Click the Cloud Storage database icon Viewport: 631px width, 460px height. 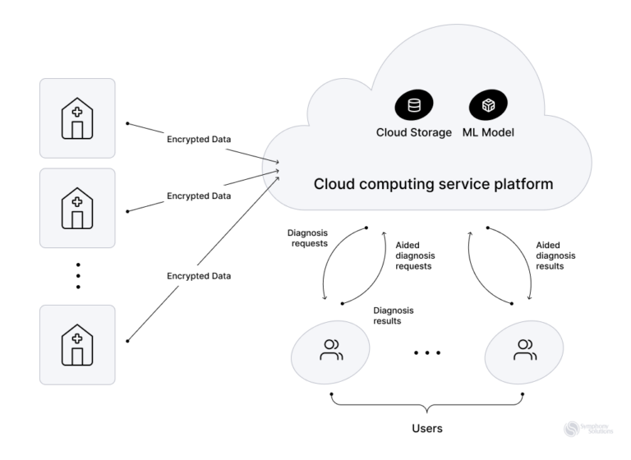click(x=414, y=105)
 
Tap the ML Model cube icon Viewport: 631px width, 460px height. click(x=488, y=105)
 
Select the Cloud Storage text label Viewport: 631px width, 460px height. click(x=414, y=132)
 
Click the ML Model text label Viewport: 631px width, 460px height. click(x=488, y=132)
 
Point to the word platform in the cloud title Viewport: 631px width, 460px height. click(x=523, y=184)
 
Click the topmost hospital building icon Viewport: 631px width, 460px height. click(x=77, y=118)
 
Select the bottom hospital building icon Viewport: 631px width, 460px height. click(x=77, y=345)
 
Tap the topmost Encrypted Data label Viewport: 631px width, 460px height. click(x=199, y=140)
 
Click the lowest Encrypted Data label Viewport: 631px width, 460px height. click(x=199, y=276)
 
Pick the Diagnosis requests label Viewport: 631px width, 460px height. click(x=308, y=238)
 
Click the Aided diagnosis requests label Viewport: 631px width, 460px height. click(x=415, y=255)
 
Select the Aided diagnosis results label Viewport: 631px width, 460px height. click(x=555, y=255)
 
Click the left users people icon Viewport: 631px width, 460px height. click(x=331, y=350)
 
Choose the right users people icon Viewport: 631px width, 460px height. click(x=525, y=350)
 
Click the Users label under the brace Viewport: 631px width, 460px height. click(x=427, y=429)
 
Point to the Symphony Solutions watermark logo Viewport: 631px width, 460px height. click(x=588, y=429)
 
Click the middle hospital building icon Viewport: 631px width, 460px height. click(x=77, y=208)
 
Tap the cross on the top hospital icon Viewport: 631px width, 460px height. click(x=77, y=112)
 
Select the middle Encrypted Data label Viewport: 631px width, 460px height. click(x=199, y=196)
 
